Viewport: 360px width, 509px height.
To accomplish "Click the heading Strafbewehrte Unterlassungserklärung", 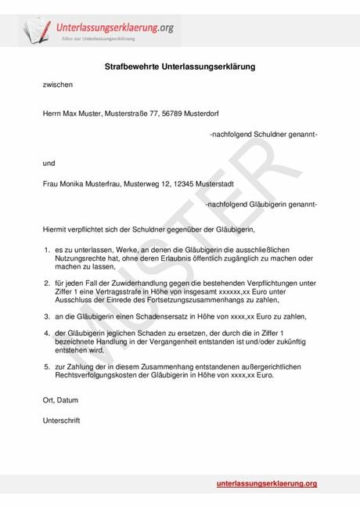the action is pyautogui.click(x=180, y=68).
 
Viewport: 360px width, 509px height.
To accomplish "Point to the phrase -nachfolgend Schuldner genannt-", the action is pyautogui.click(x=263, y=135).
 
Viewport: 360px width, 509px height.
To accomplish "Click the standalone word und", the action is pyautogui.click(x=49, y=164).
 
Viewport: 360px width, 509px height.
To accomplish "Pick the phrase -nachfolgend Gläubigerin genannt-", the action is pyautogui.click(x=261, y=204).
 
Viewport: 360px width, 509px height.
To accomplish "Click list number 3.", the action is pyautogui.click(x=47, y=316).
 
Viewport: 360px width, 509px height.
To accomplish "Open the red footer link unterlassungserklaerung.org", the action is pyautogui.click(x=266, y=484).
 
